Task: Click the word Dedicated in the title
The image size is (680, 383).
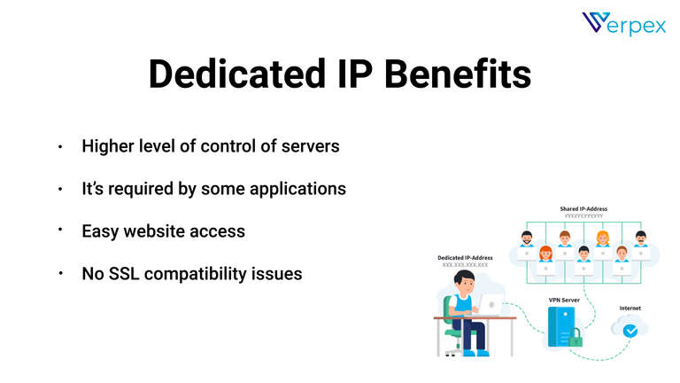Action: (228, 74)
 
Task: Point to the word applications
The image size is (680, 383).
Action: (296, 189)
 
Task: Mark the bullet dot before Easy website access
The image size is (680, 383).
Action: (60, 230)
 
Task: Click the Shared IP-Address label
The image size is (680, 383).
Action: (583, 209)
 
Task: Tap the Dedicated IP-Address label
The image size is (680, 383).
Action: (465, 258)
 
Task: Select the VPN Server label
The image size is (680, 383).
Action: (563, 300)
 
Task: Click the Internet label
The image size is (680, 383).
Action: (630, 309)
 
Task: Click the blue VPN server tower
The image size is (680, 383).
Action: (561, 327)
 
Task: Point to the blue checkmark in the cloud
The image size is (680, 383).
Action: (630, 331)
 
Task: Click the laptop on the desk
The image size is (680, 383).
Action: (486, 307)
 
